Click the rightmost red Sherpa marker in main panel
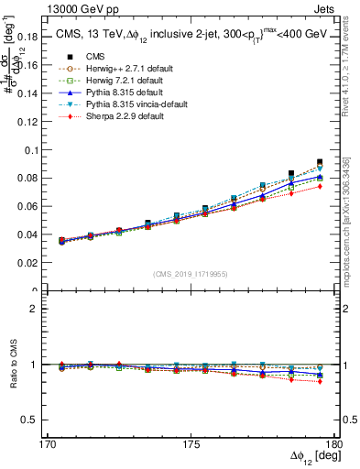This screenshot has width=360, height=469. click(320, 186)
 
